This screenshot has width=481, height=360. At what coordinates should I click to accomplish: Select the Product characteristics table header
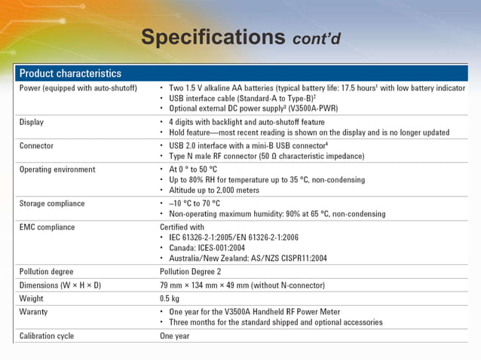click(x=70, y=74)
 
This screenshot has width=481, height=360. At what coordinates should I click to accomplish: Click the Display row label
click(x=32, y=122)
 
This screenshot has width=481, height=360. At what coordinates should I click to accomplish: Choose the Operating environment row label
click(x=57, y=169)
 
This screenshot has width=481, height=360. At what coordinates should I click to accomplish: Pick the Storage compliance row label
click(x=52, y=203)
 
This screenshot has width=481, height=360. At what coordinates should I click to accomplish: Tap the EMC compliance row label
click(x=47, y=227)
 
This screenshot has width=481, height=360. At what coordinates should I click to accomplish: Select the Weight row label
click(x=32, y=299)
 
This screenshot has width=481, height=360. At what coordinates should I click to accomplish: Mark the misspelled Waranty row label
click(x=35, y=312)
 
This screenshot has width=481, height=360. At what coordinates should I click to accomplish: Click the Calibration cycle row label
click(x=47, y=336)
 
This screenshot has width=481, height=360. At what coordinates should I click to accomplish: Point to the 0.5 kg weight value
click(x=170, y=299)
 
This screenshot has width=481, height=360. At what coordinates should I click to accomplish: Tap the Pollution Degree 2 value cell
click(x=190, y=271)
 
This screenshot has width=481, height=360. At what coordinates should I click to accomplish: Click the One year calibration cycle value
click(x=175, y=336)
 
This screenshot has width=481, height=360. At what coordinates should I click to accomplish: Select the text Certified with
click(x=182, y=227)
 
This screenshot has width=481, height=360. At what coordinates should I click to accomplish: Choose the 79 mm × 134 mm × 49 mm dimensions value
click(x=214, y=285)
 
